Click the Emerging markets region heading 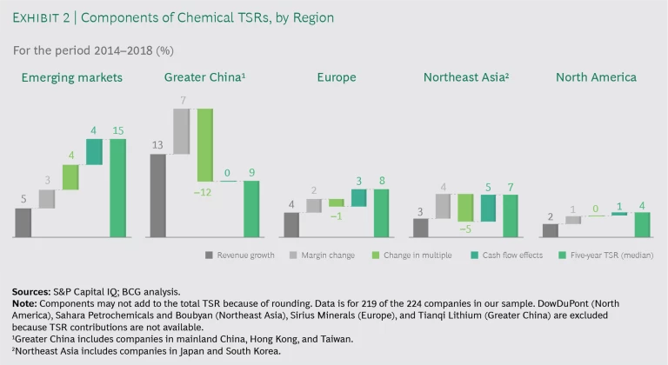point(72,77)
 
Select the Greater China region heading point(204,77)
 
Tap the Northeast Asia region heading point(466,77)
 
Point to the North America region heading point(596,77)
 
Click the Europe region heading point(336,77)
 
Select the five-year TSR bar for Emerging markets point(117,188)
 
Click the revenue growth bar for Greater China point(157,196)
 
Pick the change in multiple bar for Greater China point(204,144)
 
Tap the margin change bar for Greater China point(181,131)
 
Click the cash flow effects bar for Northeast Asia point(488,209)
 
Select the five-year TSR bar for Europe point(382,213)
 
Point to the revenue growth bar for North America point(550,230)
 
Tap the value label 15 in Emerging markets point(117,131)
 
